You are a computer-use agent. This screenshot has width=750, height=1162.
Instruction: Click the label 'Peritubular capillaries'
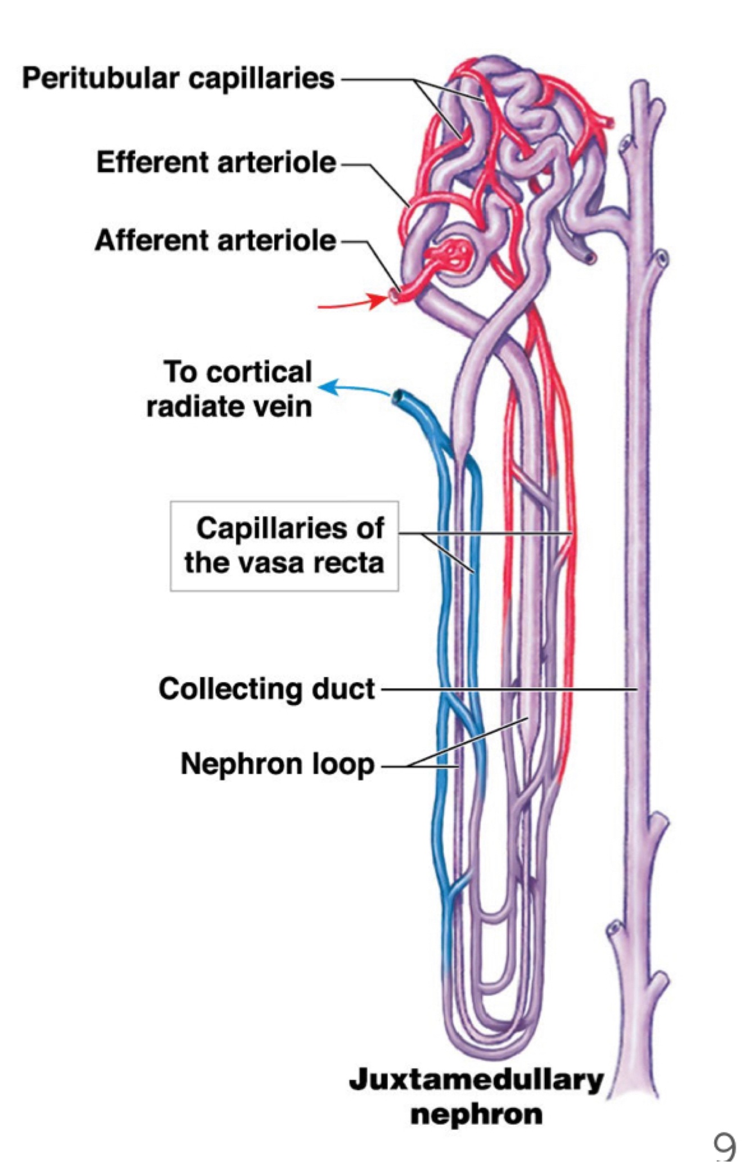coord(178,78)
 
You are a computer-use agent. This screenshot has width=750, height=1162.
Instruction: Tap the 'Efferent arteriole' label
coord(216,162)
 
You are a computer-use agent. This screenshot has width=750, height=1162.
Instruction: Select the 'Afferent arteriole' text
coord(215,240)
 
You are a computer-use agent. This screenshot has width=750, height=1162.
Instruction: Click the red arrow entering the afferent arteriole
coord(351,304)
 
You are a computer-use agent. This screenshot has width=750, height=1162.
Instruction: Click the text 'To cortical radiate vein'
coord(231,389)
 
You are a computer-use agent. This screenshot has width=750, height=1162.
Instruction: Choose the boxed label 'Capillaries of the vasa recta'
coord(284,546)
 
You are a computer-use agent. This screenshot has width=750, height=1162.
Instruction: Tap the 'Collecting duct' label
coord(266,688)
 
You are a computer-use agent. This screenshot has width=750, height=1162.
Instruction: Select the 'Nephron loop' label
coord(278,764)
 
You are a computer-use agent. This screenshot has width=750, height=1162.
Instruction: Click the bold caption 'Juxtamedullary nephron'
coord(476,1096)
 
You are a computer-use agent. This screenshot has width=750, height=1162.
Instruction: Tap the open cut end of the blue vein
coord(400,396)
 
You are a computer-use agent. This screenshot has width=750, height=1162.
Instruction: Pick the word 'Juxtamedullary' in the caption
coord(476,1079)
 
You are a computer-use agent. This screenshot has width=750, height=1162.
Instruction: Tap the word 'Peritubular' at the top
coord(101,78)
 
